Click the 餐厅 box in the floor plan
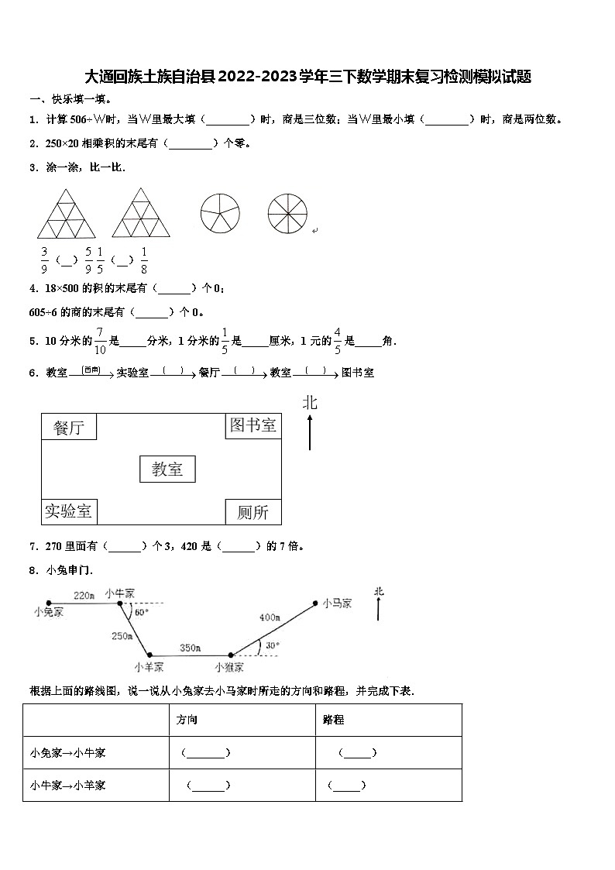click(69, 427)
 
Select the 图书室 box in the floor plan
click(253, 425)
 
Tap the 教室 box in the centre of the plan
click(167, 469)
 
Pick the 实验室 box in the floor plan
click(68, 511)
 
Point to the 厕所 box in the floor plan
click(253, 512)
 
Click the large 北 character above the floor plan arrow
click(310, 402)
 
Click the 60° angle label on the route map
click(142, 612)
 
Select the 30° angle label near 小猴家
click(272, 645)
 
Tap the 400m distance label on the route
click(270, 617)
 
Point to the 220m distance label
click(84, 595)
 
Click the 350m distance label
click(190, 648)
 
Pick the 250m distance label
click(122, 636)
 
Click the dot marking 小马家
click(315, 602)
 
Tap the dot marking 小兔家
click(48, 602)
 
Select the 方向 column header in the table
click(187, 720)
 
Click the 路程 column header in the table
click(334, 720)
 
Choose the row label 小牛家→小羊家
click(68, 785)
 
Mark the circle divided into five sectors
click(221, 211)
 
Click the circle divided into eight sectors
click(287, 211)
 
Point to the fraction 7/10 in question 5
click(100, 340)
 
